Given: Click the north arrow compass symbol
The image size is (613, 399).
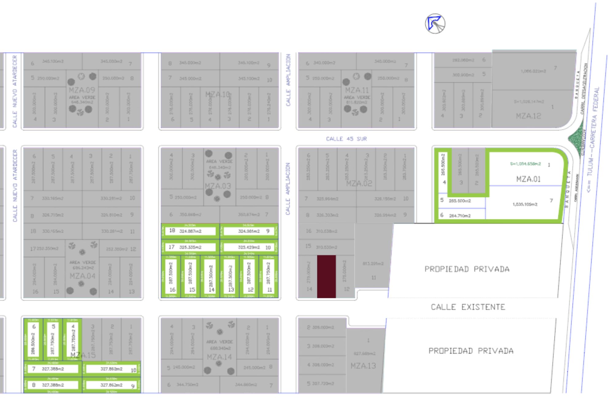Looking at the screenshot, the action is [435, 24].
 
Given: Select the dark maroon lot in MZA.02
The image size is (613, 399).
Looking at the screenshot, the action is [326, 276].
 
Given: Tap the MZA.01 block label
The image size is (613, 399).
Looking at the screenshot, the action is [528, 179].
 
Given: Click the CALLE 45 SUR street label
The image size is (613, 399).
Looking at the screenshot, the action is [346, 139].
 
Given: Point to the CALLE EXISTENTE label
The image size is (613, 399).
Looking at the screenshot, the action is [468, 307].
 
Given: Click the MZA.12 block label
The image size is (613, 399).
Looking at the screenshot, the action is [528, 116].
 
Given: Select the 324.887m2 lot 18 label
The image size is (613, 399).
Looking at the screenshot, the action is [190, 231].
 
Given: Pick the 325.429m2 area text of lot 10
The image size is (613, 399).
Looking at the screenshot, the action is [249, 247].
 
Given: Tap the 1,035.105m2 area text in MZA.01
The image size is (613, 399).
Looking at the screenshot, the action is [525, 204].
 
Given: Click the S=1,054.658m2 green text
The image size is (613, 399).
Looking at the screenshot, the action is [525, 164].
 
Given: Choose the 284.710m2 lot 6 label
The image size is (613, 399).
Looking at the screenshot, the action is [459, 215].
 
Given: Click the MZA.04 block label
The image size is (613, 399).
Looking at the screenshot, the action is [82, 276].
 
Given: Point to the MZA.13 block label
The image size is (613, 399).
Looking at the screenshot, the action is [363, 366].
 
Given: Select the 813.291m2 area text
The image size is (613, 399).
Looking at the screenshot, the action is [373, 263].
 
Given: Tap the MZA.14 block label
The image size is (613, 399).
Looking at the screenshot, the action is [219, 357].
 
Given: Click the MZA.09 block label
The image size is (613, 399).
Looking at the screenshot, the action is [82, 90].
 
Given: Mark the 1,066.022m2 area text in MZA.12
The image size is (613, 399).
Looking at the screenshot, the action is [533, 71].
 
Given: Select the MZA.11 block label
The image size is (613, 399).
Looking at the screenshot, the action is [357, 90].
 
